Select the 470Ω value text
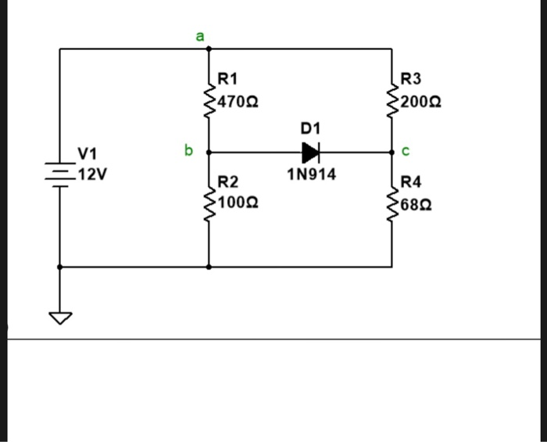point(239,102)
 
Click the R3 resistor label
point(410,78)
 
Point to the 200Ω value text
point(422,102)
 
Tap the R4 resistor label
point(411,182)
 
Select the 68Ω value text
point(418,206)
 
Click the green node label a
point(199,36)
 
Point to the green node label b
point(188,149)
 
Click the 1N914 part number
point(311,174)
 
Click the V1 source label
point(88,153)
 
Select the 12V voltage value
point(91,173)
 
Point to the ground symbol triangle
point(59,317)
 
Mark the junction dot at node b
point(209,153)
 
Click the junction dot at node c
point(391,153)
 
